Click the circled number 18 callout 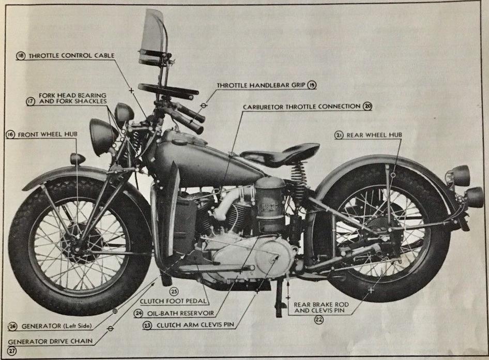[x=21, y=56]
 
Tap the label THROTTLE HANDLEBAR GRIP [x=262, y=85]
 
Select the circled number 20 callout [x=368, y=106]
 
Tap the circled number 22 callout [x=319, y=320]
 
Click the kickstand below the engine [x=279, y=299]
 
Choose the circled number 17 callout [x=30, y=101]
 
